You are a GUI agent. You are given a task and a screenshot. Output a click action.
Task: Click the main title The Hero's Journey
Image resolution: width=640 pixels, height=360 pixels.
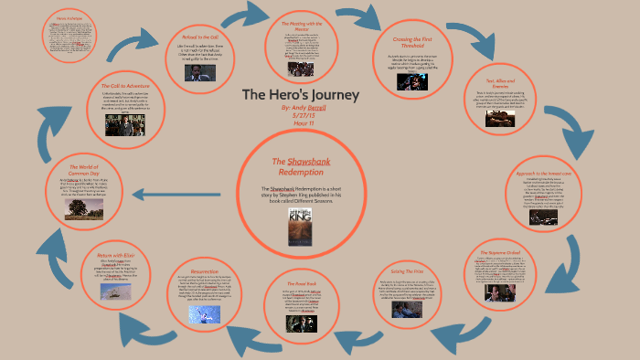click(301, 94)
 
